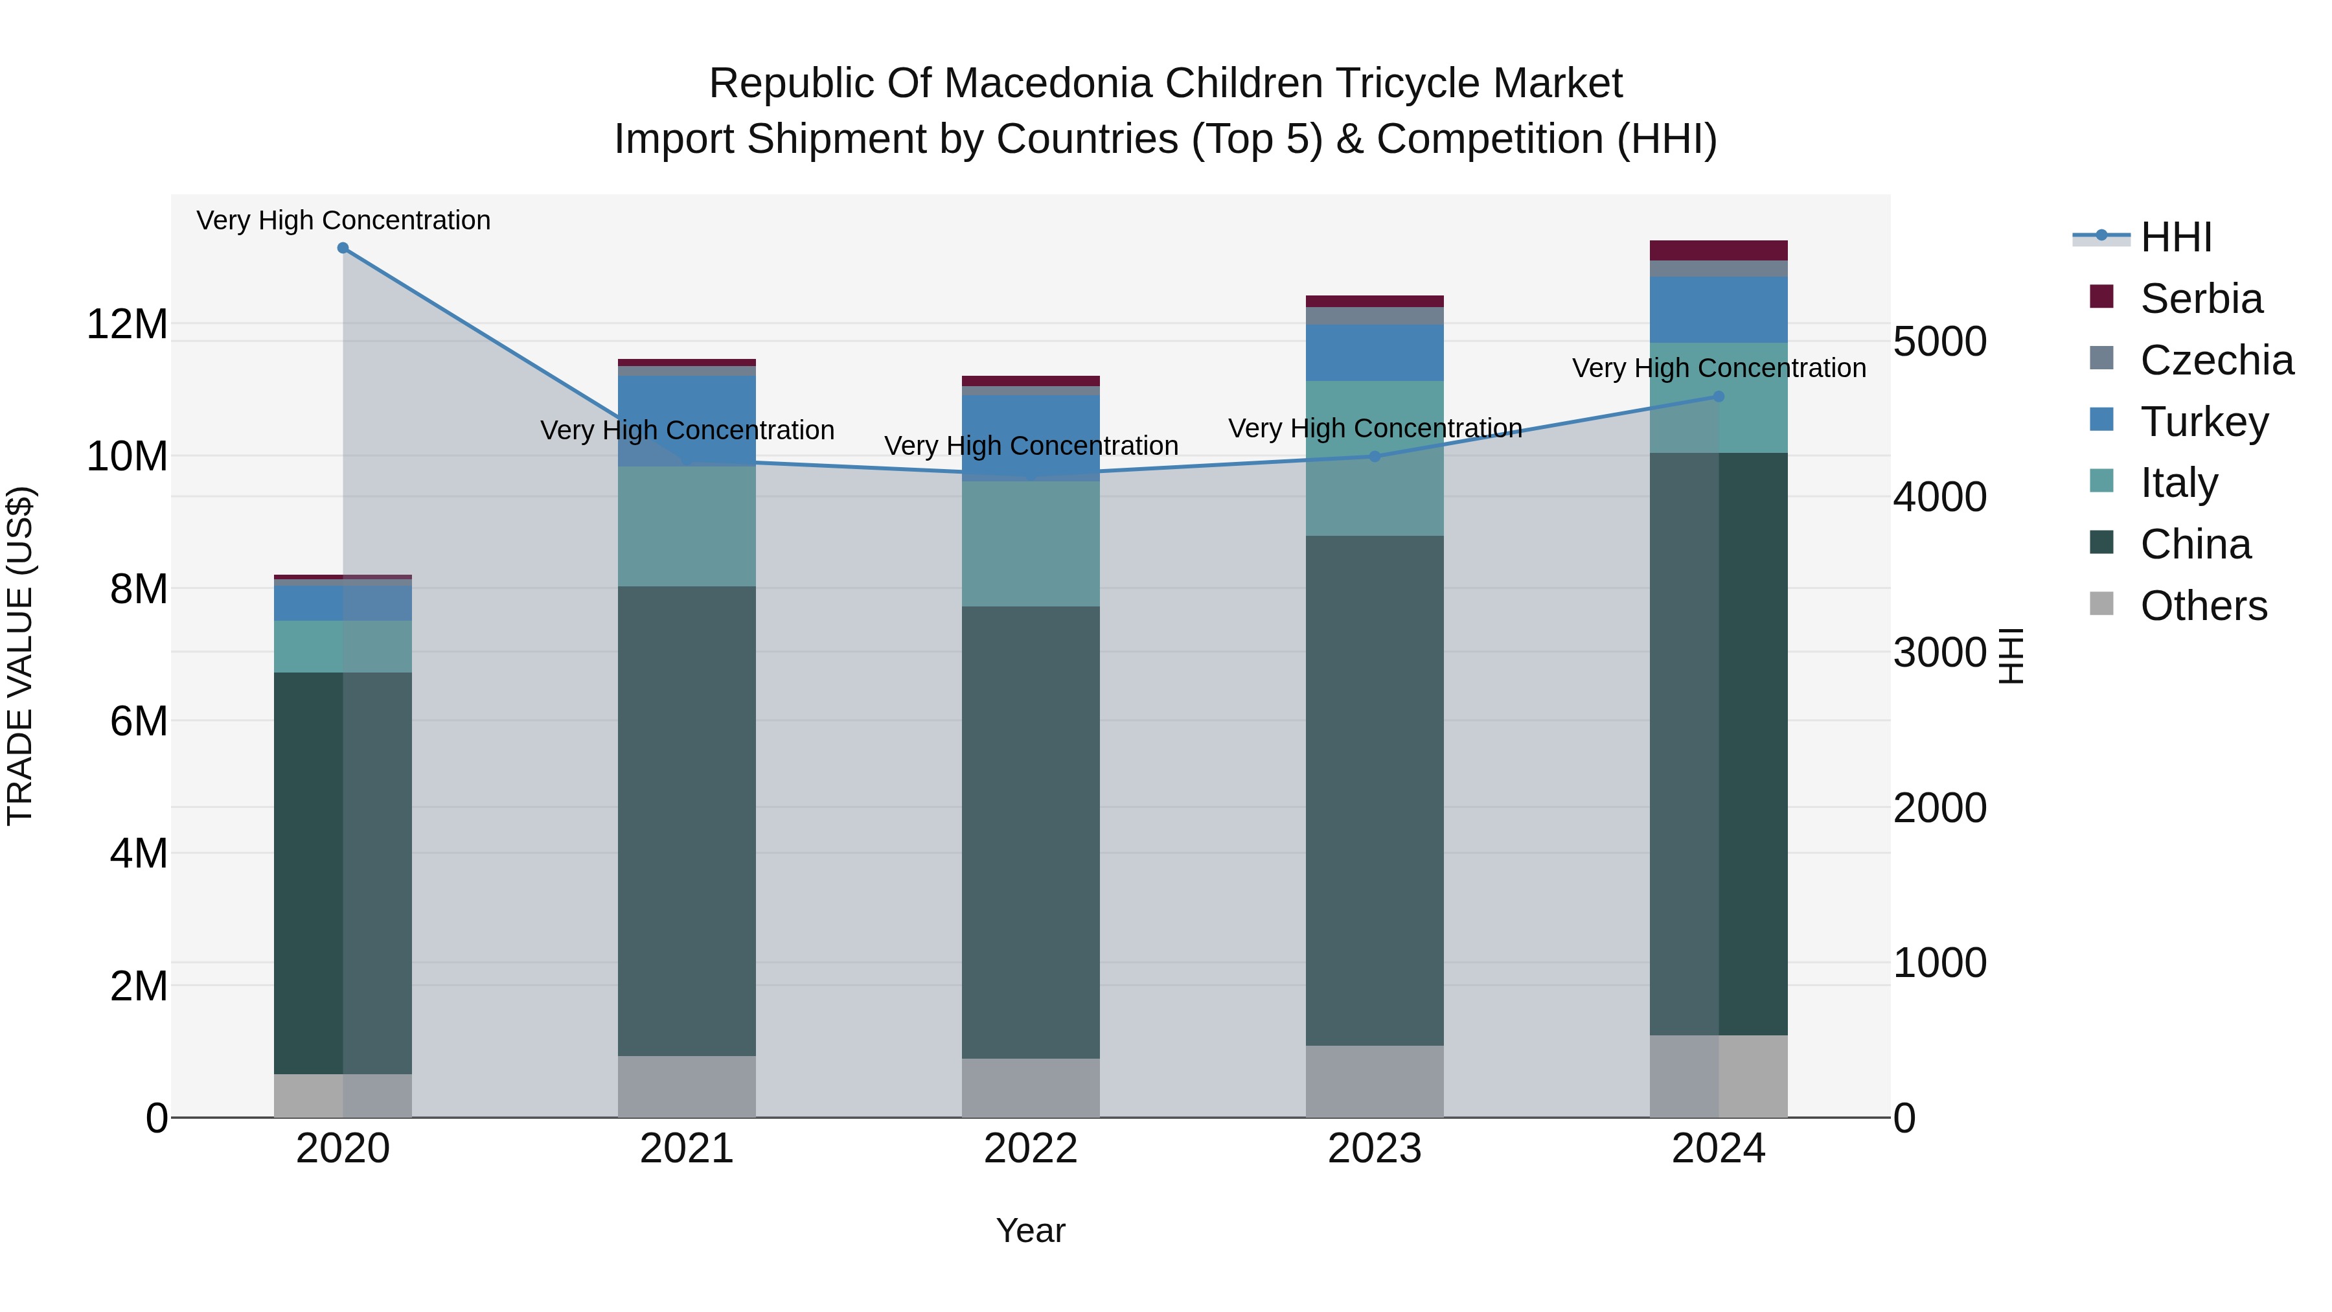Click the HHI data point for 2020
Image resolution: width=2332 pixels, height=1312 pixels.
343,248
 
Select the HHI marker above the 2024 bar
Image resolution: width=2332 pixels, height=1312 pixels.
1718,397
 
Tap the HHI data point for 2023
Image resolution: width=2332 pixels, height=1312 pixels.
1374,456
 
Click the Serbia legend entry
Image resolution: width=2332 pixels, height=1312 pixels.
2201,299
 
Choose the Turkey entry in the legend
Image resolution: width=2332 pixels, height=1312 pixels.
2204,422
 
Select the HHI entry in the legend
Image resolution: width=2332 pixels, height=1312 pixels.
2175,237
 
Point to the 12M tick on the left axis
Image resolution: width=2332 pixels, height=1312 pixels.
127,324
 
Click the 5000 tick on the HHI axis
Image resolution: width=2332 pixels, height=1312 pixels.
1939,342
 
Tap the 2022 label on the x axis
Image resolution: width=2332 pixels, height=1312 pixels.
1030,1149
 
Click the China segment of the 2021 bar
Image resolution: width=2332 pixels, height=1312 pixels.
686,820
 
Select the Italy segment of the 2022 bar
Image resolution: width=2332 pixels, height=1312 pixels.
1030,544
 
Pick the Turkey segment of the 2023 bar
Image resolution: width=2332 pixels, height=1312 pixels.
1374,353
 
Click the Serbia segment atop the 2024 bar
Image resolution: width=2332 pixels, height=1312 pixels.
1718,251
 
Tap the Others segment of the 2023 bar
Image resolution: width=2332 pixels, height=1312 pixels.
1374,1081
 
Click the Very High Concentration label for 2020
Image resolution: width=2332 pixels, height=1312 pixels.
343,220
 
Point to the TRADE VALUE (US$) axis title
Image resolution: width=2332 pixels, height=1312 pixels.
20,656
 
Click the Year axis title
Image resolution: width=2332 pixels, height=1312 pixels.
1030,1230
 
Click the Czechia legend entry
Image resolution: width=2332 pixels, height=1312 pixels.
2216,360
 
